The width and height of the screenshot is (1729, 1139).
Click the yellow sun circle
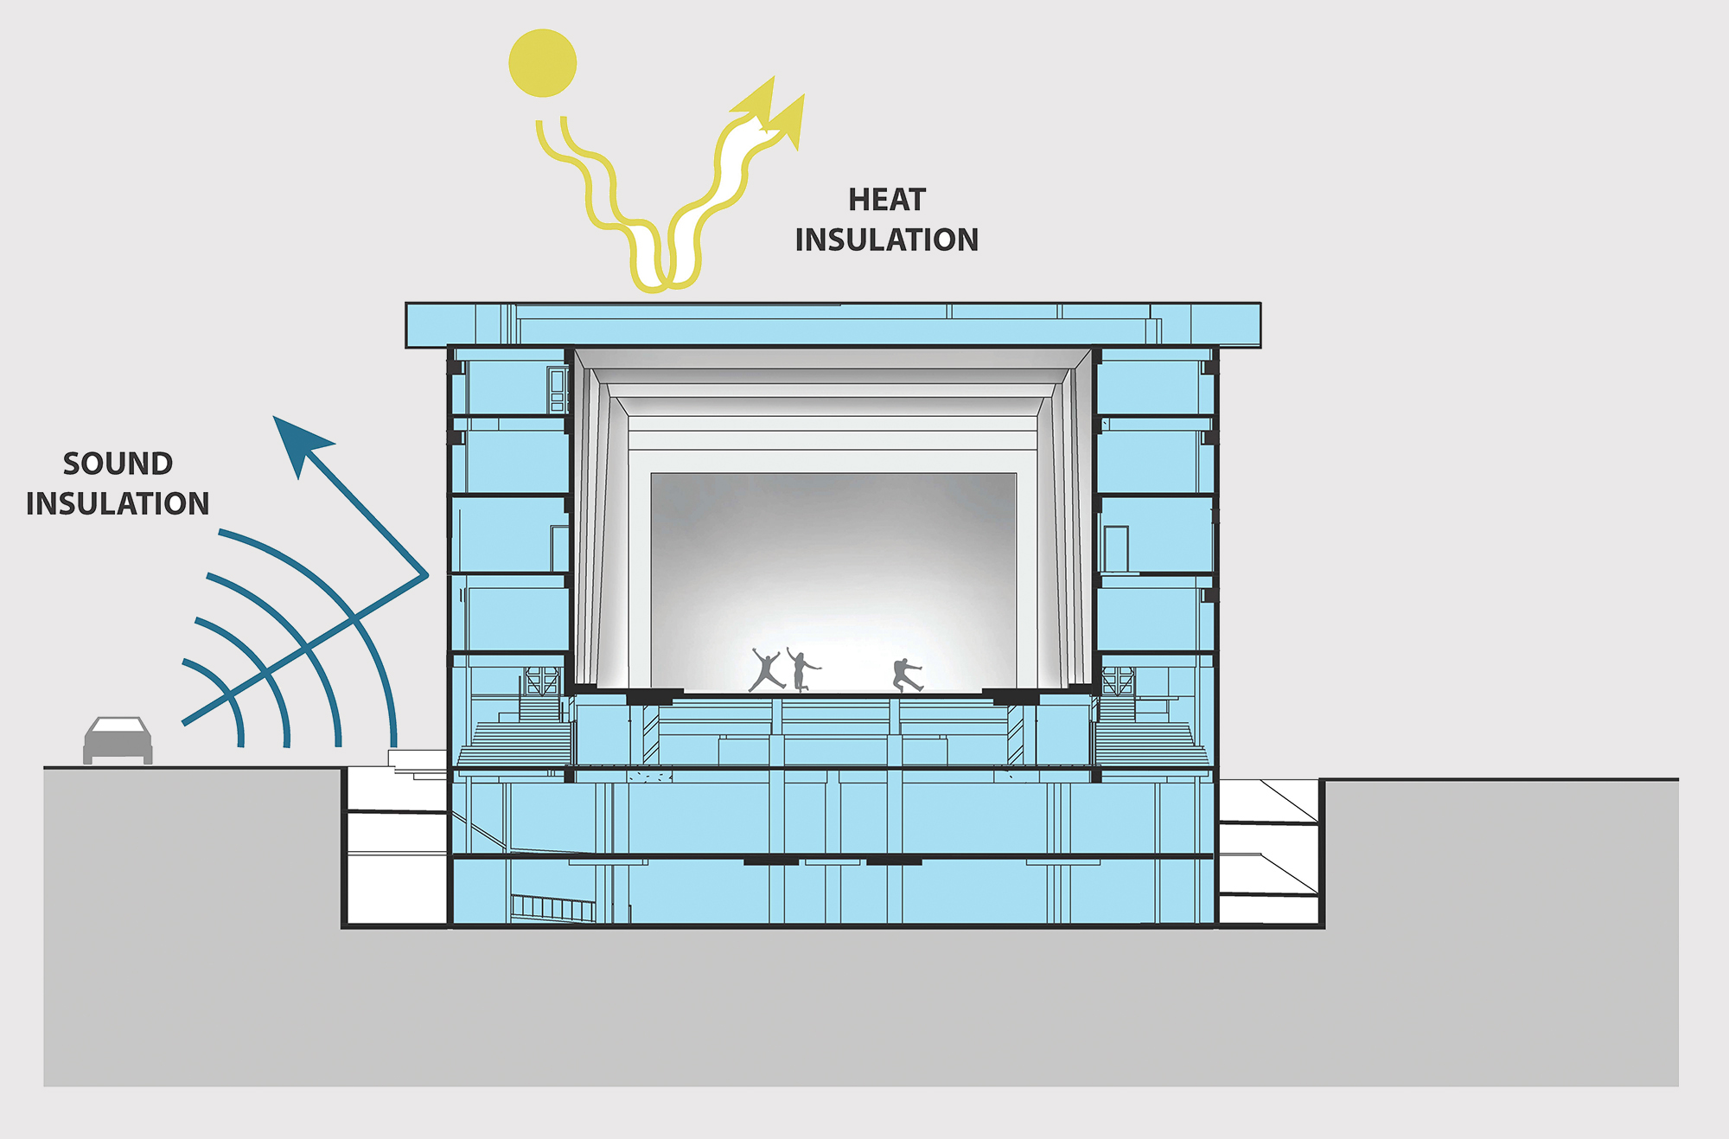coord(542,63)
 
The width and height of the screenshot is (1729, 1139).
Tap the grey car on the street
coord(118,740)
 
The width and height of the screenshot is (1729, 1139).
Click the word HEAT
coord(887,200)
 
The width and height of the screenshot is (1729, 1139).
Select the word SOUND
coord(118,464)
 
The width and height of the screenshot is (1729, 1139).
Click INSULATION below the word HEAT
coord(887,240)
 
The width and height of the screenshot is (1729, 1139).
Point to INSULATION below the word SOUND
coord(118,503)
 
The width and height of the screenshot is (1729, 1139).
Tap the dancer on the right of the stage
coord(907,675)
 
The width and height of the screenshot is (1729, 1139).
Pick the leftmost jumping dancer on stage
coord(767,669)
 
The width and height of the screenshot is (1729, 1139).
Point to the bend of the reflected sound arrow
coord(426,575)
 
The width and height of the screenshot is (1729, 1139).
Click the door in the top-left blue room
coord(557,390)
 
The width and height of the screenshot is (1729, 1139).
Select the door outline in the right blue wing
coord(1116,549)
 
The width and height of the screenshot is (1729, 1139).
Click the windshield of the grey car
coord(118,726)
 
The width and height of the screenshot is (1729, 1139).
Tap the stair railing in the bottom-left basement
coord(553,907)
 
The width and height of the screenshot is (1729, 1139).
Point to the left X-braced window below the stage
coord(542,680)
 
